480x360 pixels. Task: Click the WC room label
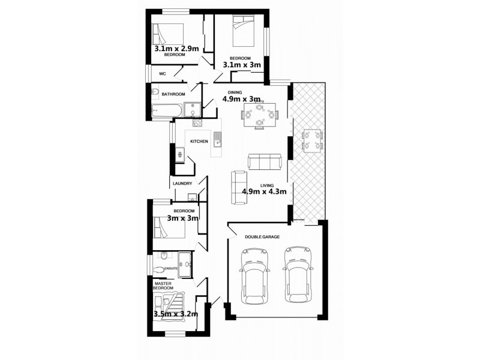[162, 74]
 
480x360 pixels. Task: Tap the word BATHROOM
[173, 94]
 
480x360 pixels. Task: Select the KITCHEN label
[199, 142]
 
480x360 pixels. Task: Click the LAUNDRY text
[182, 184]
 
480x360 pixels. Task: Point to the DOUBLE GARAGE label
[263, 237]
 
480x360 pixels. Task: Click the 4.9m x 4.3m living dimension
[267, 192]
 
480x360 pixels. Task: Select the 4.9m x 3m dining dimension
[241, 99]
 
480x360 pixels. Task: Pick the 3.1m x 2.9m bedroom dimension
[176, 49]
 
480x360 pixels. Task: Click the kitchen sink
[218, 140]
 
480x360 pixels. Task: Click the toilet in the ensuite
[159, 269]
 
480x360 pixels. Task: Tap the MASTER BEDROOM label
[163, 286]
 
